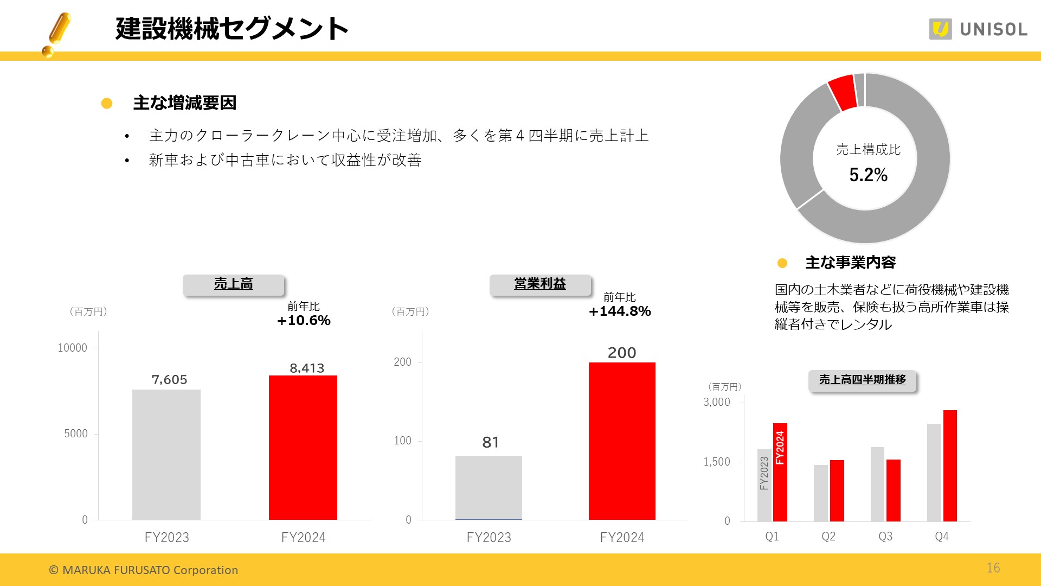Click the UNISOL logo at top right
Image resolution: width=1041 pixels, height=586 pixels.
[978, 29]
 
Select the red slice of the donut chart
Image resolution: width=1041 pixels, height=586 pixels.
[841, 93]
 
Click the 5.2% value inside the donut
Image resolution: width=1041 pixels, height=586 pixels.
[868, 175]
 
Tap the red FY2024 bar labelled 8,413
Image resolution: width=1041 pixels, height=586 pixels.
[303, 447]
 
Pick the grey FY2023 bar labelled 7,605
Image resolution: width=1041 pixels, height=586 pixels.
[166, 454]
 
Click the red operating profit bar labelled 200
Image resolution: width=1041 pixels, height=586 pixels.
[622, 441]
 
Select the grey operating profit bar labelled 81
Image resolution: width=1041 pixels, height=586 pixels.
[489, 487]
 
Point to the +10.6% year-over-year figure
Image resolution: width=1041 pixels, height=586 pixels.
[304, 321]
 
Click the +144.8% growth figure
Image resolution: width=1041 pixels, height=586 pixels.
[620, 311]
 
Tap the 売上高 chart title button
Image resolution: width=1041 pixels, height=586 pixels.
[233, 284]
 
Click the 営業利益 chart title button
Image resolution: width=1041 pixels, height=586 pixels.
[540, 284]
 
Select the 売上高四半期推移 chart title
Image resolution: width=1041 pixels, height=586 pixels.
[862, 380]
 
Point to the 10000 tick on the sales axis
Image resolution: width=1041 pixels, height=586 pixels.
[72, 348]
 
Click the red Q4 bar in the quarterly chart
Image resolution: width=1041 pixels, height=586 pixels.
[950, 466]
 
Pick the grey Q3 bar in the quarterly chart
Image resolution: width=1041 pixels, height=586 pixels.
[877, 484]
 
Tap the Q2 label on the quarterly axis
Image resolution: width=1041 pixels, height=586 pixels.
[828, 537]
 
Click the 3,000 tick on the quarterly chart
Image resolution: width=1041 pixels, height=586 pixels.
[716, 402]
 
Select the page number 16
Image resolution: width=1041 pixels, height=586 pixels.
[993, 568]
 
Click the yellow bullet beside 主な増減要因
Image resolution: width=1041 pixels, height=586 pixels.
[107, 103]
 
